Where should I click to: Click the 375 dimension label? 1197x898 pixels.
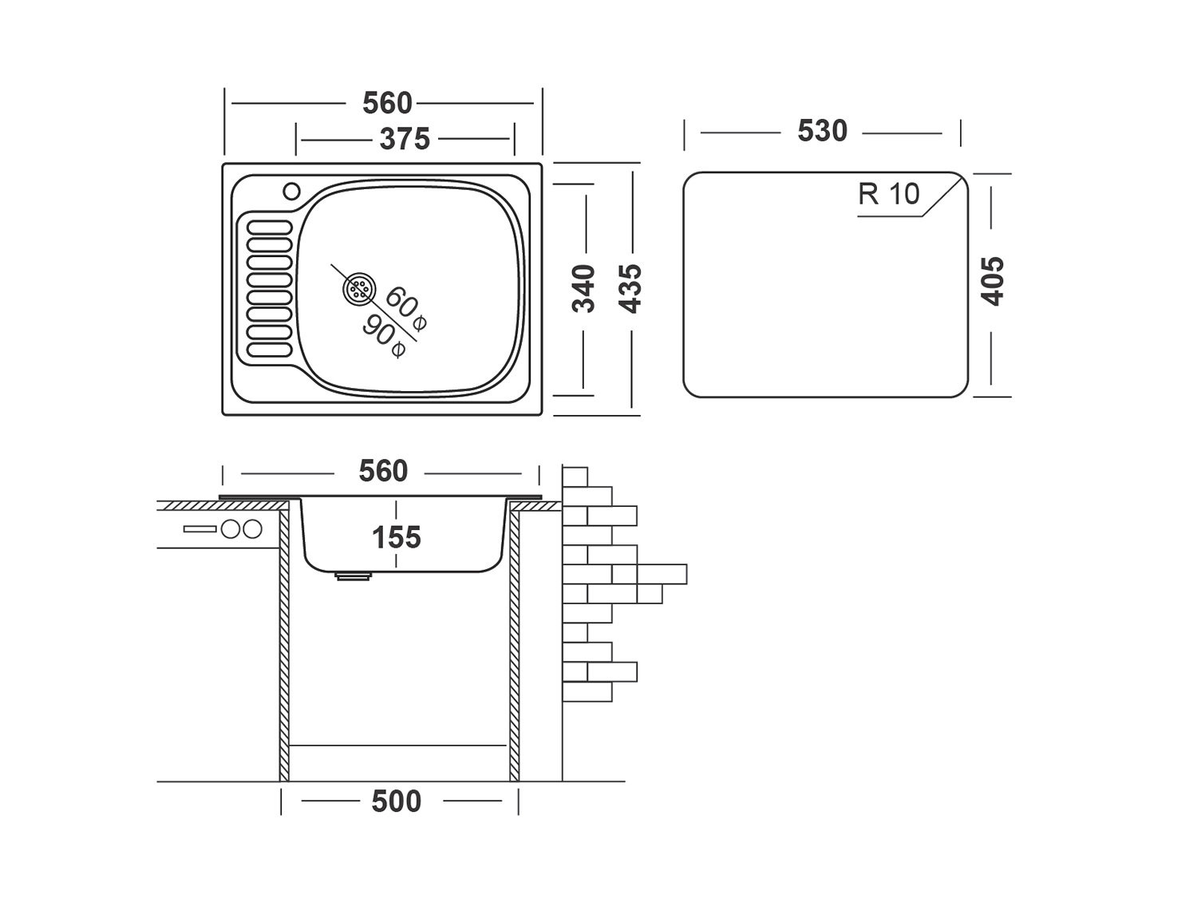point(405,139)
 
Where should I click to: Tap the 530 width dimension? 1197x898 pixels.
point(822,131)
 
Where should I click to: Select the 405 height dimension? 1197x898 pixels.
point(993,280)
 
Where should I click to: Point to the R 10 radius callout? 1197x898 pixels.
point(888,194)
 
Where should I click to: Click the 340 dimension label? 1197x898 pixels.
point(585,288)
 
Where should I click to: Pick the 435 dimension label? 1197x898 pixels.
point(630,288)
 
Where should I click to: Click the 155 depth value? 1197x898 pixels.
point(397,537)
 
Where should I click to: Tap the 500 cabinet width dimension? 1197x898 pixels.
point(397,801)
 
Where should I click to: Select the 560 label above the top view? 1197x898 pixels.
point(387,103)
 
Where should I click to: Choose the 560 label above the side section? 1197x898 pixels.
point(383,471)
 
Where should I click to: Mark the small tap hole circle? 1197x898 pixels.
point(291,192)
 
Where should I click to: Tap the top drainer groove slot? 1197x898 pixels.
point(270,227)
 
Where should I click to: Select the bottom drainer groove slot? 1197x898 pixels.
point(270,349)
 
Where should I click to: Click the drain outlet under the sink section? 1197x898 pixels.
point(354,575)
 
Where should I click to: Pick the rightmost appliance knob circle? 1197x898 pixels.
point(252,528)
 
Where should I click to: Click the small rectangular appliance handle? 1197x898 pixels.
point(199,528)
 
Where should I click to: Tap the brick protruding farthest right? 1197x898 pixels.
point(662,574)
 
